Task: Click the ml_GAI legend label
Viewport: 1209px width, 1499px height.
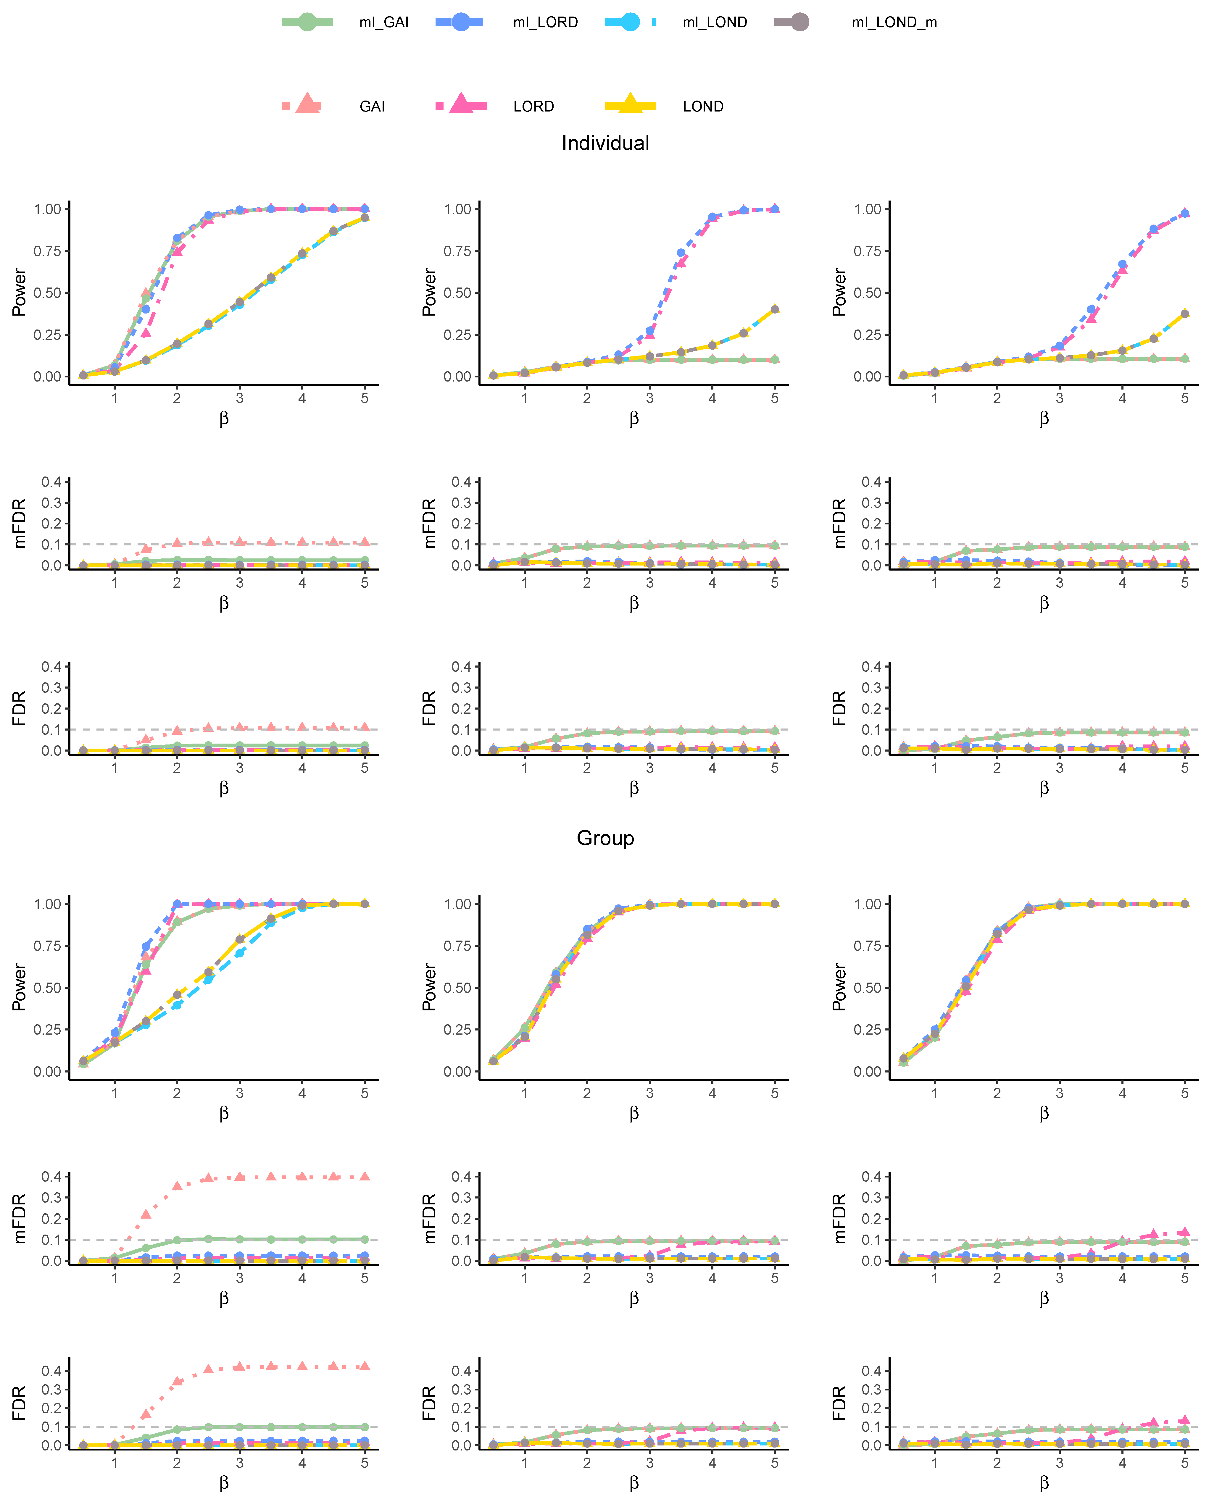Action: (384, 22)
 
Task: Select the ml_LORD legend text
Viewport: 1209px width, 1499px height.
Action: (545, 22)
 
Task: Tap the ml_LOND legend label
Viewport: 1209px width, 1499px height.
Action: (715, 22)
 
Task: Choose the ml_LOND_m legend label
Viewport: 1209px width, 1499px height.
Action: (894, 22)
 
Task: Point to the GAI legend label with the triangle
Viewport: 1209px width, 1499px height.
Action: (372, 106)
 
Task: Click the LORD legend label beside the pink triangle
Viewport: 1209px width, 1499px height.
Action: (533, 106)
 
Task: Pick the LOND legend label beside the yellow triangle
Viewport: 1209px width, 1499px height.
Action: (703, 106)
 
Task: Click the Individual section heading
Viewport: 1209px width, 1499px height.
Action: (605, 143)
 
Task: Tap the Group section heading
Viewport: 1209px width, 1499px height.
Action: (605, 838)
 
